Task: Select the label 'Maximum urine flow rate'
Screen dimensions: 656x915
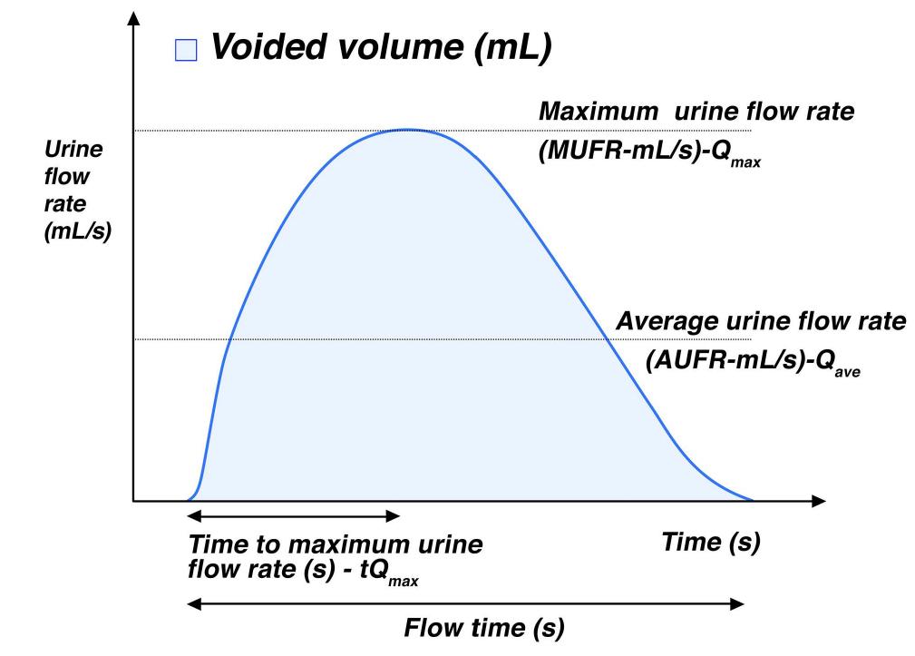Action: (x=696, y=113)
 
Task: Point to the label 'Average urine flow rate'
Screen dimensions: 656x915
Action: (x=760, y=321)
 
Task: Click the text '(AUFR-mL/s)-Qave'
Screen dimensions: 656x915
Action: (x=752, y=360)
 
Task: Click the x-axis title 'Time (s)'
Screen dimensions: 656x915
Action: (x=710, y=543)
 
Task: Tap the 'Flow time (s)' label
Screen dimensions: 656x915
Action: (x=483, y=627)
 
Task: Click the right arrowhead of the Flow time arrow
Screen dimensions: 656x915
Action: (x=739, y=604)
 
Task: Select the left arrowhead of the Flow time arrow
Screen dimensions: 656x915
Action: (x=191, y=604)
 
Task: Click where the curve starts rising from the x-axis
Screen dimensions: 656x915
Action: (x=189, y=499)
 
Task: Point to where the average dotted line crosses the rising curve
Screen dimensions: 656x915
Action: (x=229, y=339)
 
